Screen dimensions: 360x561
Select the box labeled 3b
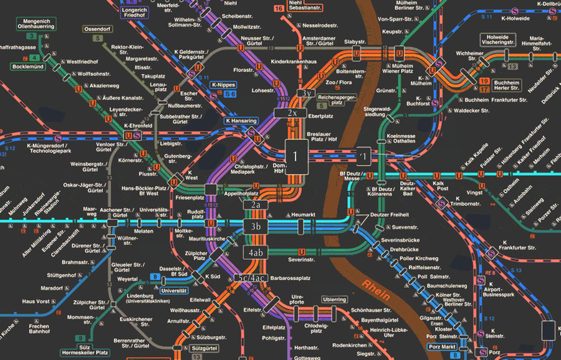coord(256,226)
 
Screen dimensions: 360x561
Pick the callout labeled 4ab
coord(256,253)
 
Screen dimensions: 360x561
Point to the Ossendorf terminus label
coord(97,29)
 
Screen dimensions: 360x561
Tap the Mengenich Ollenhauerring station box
coord(36,24)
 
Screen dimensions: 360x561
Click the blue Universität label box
coord(174,290)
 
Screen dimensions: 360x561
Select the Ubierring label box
coord(334,300)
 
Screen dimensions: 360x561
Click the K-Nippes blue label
coord(222,85)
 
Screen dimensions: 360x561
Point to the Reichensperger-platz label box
coord(336,98)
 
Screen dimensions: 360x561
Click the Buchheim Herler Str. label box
coord(506,86)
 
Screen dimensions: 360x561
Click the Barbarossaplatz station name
coord(290,278)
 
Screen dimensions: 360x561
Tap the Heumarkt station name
coord(304,214)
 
